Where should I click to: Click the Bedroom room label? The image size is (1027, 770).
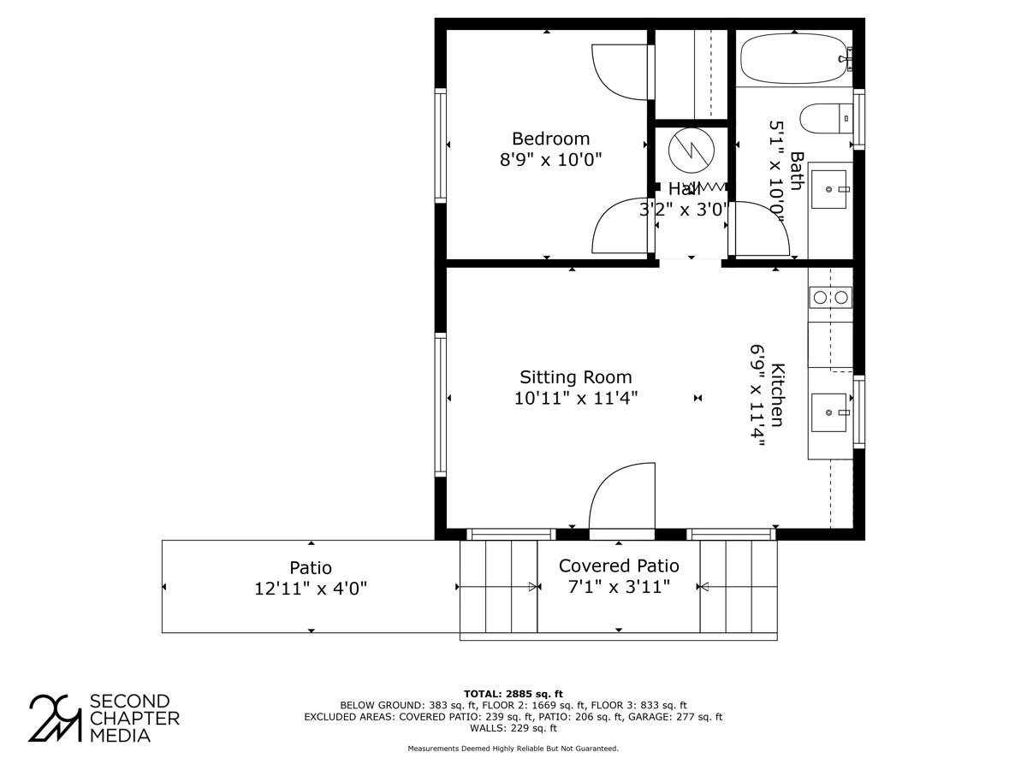tap(550, 139)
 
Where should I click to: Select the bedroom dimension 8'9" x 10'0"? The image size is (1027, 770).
tap(550, 159)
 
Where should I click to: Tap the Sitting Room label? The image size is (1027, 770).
tap(575, 377)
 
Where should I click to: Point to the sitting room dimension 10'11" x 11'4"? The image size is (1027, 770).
tap(575, 398)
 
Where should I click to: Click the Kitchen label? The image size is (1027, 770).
tap(777, 395)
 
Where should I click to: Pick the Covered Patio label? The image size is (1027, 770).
tap(619, 566)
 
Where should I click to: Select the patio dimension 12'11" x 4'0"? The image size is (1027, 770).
tap(311, 589)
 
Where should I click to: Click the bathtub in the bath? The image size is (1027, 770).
tap(794, 58)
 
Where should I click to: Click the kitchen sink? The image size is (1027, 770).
tap(829, 413)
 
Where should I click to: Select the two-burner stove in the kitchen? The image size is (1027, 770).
tap(830, 297)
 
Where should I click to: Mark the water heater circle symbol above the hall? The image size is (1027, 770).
tap(691, 151)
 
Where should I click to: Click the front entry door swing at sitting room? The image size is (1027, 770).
tap(622, 497)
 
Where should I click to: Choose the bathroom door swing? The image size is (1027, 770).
tap(760, 228)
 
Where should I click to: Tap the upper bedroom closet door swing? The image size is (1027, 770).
tap(621, 71)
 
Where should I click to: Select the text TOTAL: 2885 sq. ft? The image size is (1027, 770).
tap(513, 693)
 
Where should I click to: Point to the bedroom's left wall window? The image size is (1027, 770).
tap(441, 145)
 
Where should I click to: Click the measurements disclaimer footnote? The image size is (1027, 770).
tap(513, 749)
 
